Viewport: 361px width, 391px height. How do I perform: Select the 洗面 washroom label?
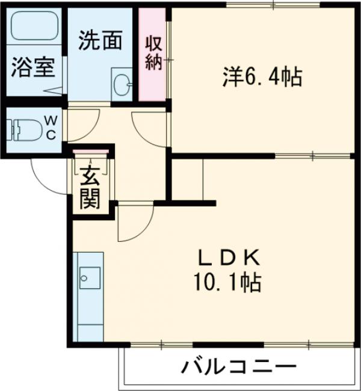click(101, 40)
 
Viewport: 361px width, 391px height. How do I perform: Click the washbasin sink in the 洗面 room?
click(122, 84)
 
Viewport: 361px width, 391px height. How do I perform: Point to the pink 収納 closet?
click(154, 54)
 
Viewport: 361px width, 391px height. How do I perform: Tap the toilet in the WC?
click(24, 129)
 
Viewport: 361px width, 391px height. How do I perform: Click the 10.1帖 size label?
click(228, 281)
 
